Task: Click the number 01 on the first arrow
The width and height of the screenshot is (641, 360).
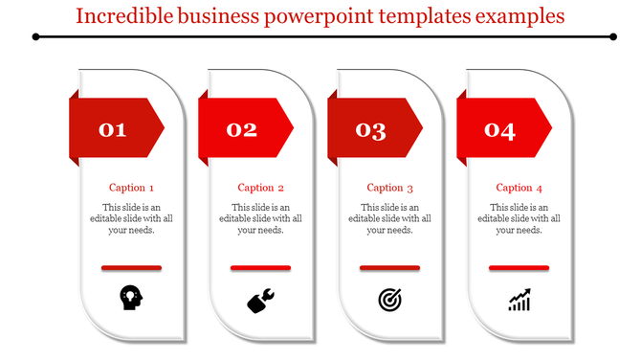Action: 113,130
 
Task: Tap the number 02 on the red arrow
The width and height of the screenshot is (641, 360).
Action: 242,130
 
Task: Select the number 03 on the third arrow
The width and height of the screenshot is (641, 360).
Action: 371,130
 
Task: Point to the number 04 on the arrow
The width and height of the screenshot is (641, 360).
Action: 500,130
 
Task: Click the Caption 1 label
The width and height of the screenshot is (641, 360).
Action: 131,188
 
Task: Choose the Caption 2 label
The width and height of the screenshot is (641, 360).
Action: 260,188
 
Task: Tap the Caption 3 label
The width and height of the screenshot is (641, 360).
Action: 390,188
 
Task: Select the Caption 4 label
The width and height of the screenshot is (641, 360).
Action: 519,188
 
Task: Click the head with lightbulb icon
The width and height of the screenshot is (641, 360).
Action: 132,298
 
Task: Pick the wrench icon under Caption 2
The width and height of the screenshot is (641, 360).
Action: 260,301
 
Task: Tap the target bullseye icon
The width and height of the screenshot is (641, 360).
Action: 389,301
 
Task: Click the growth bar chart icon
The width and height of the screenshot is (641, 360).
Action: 519,301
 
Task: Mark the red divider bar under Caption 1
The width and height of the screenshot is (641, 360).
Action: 131,267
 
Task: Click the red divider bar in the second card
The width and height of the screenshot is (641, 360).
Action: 260,267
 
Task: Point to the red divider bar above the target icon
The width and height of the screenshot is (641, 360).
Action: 389,267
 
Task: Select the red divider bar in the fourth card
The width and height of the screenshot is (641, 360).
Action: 519,267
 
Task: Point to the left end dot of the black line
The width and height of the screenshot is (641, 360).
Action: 35,37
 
